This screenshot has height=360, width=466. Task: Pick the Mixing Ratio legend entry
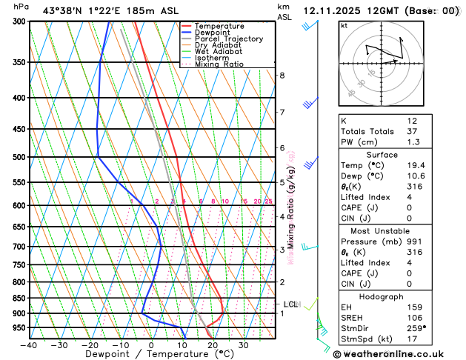219,64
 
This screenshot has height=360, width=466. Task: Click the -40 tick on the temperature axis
30,345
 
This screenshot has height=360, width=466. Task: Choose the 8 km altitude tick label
282,76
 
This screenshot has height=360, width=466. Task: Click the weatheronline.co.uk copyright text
400,353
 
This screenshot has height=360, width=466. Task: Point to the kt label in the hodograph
344,25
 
